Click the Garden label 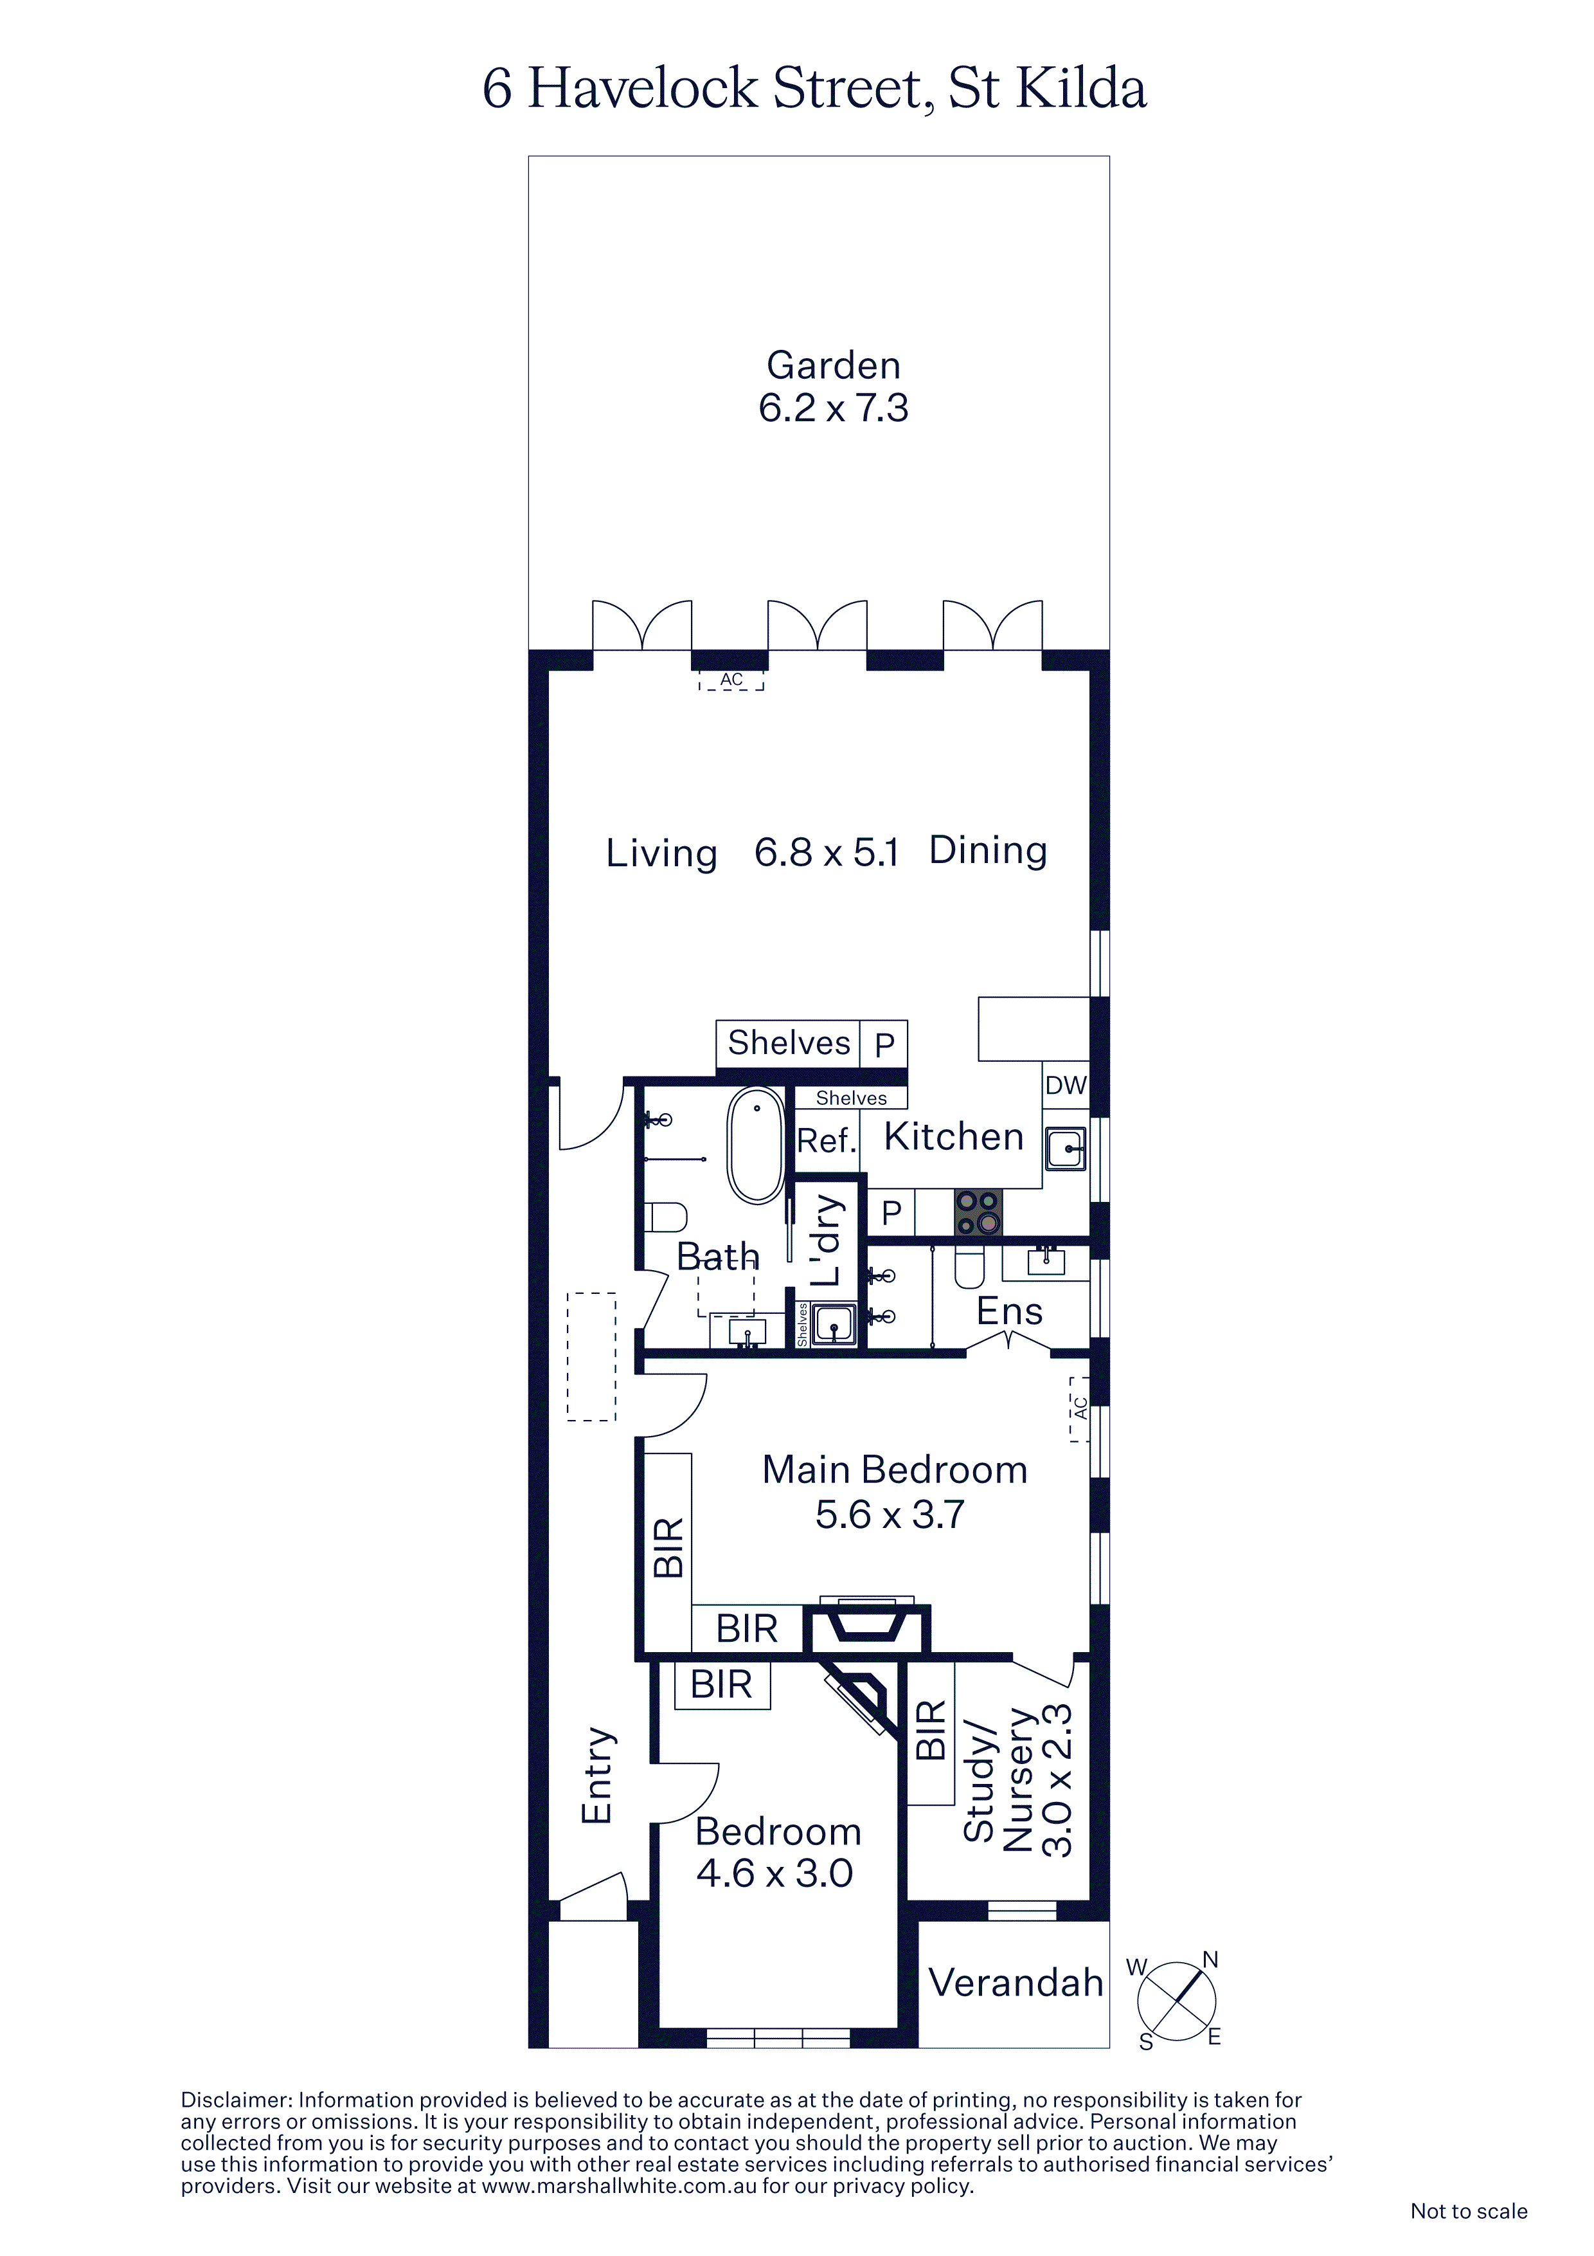(x=833, y=365)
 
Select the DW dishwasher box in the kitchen (x=1066, y=1086)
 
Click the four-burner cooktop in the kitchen (x=978, y=1212)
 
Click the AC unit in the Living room (x=731, y=680)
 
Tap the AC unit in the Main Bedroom (x=1079, y=1409)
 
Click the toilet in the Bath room (x=666, y=1217)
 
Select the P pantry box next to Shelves (x=884, y=1044)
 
